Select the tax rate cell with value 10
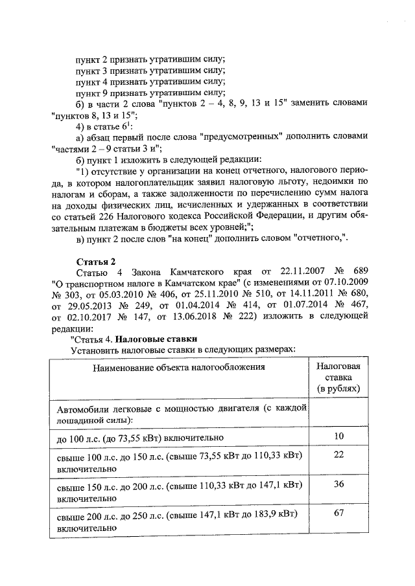pos(338,436)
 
